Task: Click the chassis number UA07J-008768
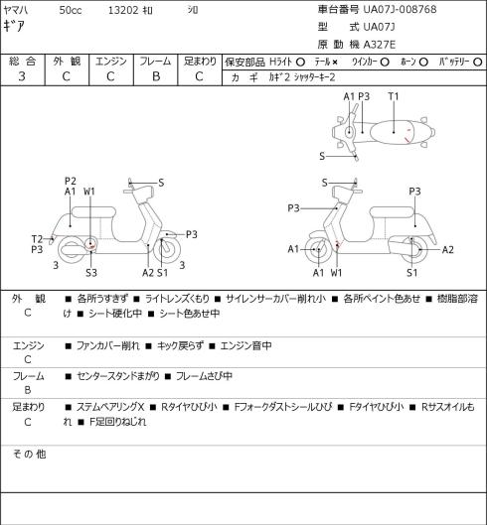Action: point(400,9)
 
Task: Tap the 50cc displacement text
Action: point(71,10)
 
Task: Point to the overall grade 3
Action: point(22,76)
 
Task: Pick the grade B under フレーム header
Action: point(156,76)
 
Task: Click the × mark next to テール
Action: point(335,62)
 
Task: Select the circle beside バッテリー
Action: point(478,62)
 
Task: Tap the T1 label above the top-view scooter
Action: point(394,96)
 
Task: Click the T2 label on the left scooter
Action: point(37,239)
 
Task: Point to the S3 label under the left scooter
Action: point(91,273)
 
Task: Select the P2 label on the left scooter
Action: point(71,182)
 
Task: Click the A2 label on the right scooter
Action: point(448,250)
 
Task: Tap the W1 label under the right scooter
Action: point(336,273)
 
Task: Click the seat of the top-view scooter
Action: point(393,132)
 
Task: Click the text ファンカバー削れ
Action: point(107,345)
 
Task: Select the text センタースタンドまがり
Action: point(117,376)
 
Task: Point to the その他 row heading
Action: point(29,454)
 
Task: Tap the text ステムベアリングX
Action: point(110,407)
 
